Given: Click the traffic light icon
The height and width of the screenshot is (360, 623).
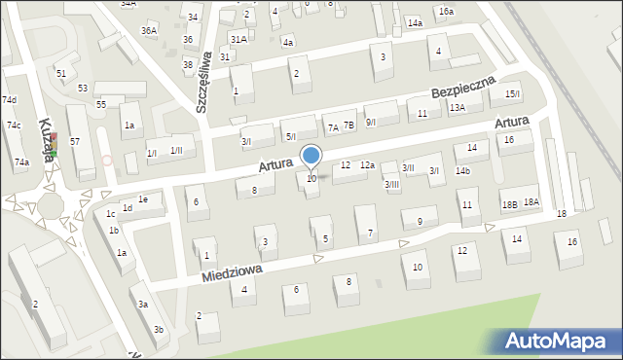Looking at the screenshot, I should [55, 146].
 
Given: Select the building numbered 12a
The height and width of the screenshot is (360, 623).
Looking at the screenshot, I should [367, 165].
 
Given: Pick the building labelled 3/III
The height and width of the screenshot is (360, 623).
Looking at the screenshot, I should [391, 184].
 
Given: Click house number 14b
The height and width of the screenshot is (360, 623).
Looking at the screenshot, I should [462, 171].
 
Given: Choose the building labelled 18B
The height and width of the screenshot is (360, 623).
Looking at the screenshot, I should [509, 204].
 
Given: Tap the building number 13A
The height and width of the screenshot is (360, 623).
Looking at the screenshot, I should [457, 108].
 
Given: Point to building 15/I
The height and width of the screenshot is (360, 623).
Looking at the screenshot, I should [512, 93].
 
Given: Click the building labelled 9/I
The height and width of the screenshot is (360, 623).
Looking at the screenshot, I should [370, 122].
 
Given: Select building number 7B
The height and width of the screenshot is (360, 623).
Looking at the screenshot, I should [348, 126].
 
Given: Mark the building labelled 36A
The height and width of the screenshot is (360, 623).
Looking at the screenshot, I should [148, 31].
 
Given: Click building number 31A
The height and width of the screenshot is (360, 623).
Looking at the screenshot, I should [238, 39].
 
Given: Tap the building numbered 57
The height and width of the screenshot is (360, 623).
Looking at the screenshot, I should [75, 142].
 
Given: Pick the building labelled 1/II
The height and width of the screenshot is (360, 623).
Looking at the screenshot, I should [176, 150].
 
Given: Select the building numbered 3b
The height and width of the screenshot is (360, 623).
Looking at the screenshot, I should [158, 329].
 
